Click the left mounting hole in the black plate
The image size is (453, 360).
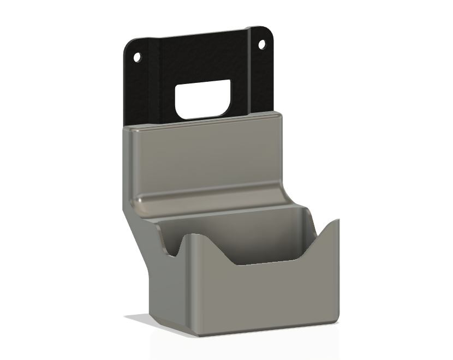[x=137, y=57]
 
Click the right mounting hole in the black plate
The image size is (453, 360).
[x=262, y=44]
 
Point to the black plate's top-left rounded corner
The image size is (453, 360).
[x=129, y=45]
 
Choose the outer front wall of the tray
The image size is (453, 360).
[x=257, y=295]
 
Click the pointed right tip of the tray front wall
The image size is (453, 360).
[x=337, y=220]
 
